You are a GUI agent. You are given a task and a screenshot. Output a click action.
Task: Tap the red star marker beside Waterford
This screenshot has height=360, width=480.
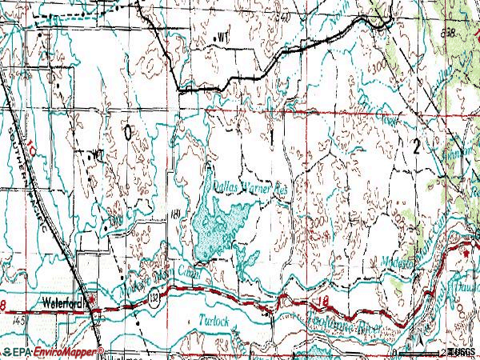pos(91,302)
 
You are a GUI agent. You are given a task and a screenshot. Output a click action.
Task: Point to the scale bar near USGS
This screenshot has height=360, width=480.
pos(420,352)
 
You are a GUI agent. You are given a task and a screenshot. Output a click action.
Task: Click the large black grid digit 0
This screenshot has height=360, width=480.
pos(129,134)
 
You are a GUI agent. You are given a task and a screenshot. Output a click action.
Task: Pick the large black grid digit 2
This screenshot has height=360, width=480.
pos(417,145)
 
